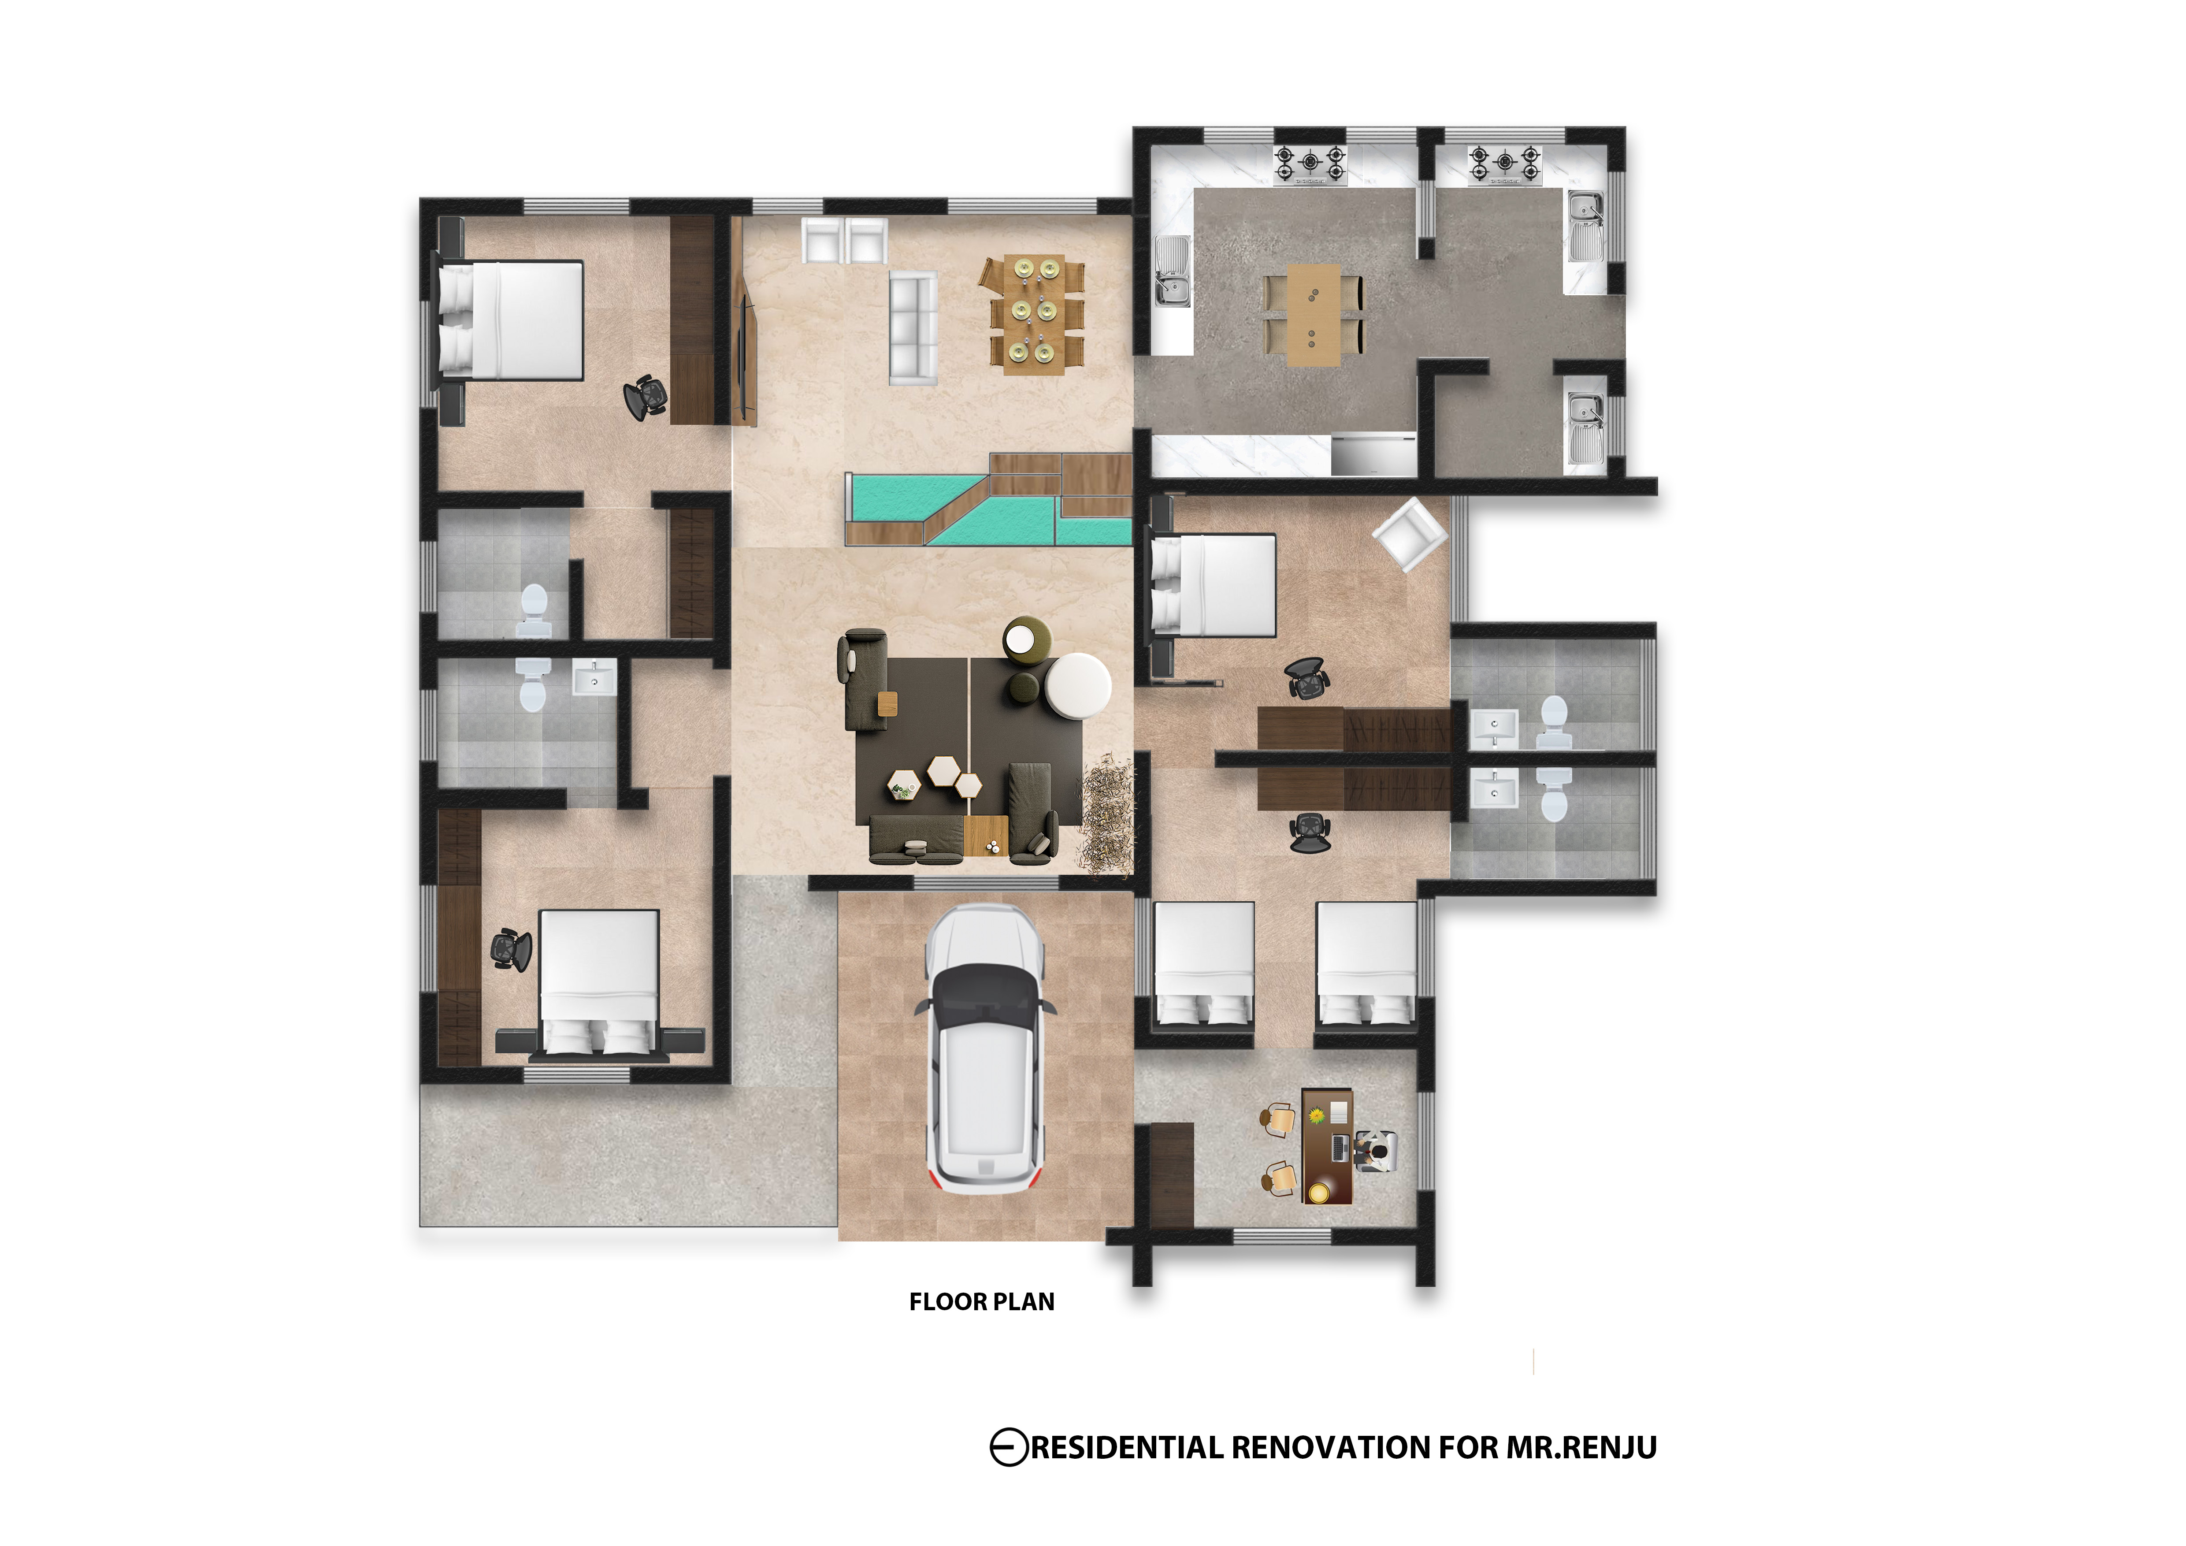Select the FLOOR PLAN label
pos(982,1301)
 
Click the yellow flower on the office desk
pos(1317,1115)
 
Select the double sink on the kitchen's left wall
pos(1172,271)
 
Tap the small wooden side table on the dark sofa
pos(887,704)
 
